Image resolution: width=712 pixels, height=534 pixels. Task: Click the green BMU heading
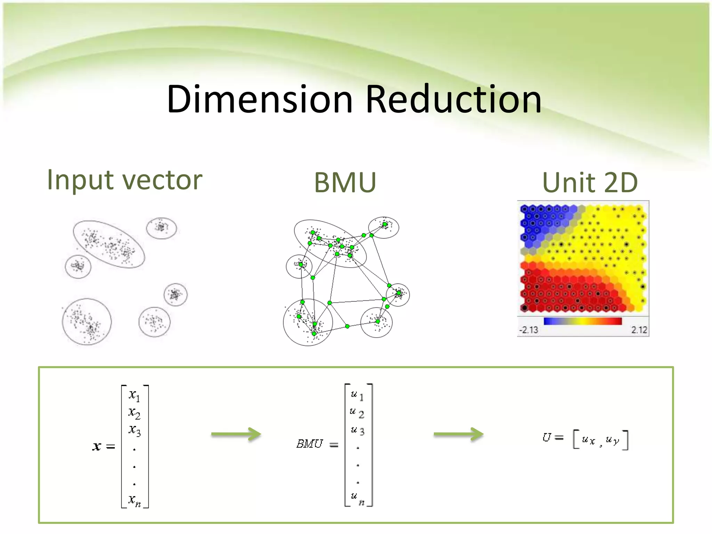345,182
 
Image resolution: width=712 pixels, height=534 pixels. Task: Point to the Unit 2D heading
590,183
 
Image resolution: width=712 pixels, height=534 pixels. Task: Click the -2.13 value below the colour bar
528,330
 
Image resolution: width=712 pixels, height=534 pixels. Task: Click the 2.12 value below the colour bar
639,330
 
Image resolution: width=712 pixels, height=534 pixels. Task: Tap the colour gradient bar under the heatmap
583,321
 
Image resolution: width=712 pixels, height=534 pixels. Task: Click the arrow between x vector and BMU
236,434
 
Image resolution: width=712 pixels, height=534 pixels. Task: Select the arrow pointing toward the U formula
459,434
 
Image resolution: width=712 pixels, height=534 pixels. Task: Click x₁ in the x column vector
134,395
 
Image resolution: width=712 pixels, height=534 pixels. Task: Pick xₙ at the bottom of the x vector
134,501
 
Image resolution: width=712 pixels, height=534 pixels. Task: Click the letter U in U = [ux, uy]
547,437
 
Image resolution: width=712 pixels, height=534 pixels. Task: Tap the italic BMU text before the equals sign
309,444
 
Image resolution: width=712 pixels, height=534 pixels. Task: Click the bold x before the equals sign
97,446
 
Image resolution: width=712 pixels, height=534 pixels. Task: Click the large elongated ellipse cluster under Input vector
109,244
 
